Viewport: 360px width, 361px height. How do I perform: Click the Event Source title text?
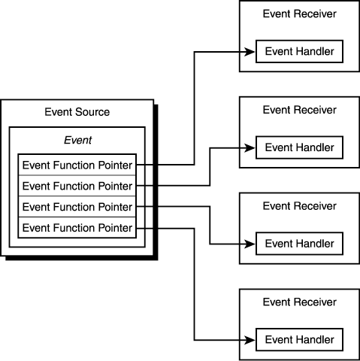pos(77,112)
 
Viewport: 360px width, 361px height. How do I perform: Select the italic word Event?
pos(78,140)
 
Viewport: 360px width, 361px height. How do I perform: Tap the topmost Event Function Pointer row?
pos(77,165)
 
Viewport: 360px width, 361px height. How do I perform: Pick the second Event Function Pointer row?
pos(77,186)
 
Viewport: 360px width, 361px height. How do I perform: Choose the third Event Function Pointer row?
pos(77,207)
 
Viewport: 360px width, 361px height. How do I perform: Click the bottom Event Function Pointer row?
pos(77,228)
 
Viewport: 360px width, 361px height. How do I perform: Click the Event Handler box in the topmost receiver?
pos(299,51)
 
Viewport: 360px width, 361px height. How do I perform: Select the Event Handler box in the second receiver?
pos(299,147)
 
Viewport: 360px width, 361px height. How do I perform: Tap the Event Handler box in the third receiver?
pos(299,244)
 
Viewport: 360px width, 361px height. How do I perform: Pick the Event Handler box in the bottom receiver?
pos(299,340)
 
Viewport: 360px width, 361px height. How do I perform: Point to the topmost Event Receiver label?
pos(300,14)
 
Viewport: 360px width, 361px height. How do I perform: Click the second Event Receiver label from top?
pos(300,110)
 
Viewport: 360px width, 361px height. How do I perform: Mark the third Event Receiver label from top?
pos(300,206)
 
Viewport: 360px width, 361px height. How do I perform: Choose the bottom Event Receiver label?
pos(300,302)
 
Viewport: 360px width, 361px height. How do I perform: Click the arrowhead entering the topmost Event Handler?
pos(250,52)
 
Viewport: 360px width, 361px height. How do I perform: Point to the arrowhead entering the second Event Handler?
pos(250,148)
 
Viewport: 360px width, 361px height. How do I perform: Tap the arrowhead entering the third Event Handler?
pos(250,244)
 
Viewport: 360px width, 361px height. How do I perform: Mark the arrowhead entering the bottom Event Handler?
pos(250,340)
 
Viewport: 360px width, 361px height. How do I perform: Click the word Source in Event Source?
pos(92,112)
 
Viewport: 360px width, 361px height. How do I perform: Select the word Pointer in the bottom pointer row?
pos(115,228)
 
